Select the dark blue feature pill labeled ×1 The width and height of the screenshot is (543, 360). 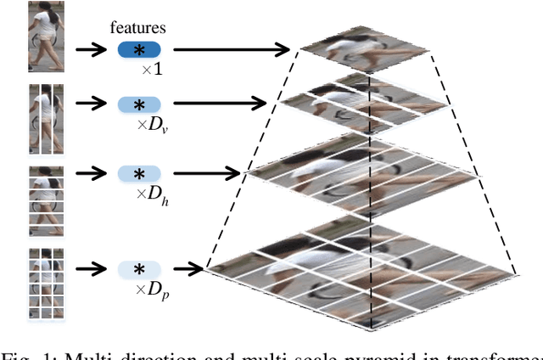pyautogui.click(x=138, y=50)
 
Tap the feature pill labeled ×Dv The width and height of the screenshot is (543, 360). pyautogui.click(x=138, y=104)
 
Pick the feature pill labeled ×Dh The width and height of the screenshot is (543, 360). pyautogui.click(x=138, y=173)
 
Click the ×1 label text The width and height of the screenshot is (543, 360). pyautogui.click(x=153, y=69)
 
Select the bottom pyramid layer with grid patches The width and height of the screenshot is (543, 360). pyautogui.click(x=365, y=272)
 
